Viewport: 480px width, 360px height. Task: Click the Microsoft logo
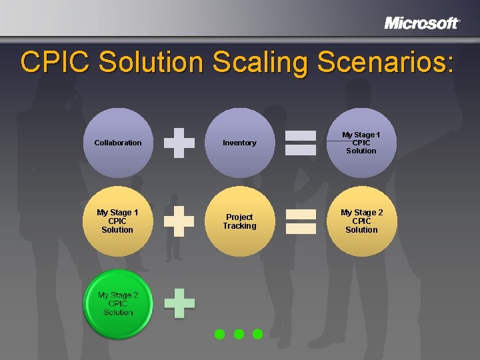click(x=421, y=23)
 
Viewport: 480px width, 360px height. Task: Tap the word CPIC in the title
click(x=57, y=62)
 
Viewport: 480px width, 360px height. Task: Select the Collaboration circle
click(x=117, y=143)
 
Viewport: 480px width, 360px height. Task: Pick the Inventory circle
click(x=239, y=143)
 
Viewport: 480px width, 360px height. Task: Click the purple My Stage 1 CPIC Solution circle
click(x=361, y=143)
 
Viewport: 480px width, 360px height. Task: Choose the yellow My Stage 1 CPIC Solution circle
click(x=117, y=221)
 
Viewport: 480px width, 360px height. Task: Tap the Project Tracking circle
click(x=239, y=221)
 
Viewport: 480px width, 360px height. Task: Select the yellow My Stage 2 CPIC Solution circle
click(x=361, y=221)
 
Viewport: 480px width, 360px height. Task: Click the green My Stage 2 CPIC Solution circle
click(x=117, y=303)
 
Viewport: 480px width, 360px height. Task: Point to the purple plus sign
click(x=179, y=143)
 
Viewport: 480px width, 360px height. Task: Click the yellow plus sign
click(x=179, y=221)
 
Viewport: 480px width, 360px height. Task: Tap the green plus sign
click(x=179, y=303)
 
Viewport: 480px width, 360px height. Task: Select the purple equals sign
click(x=301, y=143)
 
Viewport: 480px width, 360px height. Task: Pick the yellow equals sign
click(x=301, y=221)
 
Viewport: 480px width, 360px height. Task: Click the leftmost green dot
click(x=219, y=333)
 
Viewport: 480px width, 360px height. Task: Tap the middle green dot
click(x=239, y=333)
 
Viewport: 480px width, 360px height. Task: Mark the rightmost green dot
click(x=258, y=333)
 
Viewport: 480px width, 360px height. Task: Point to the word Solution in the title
click(x=152, y=62)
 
